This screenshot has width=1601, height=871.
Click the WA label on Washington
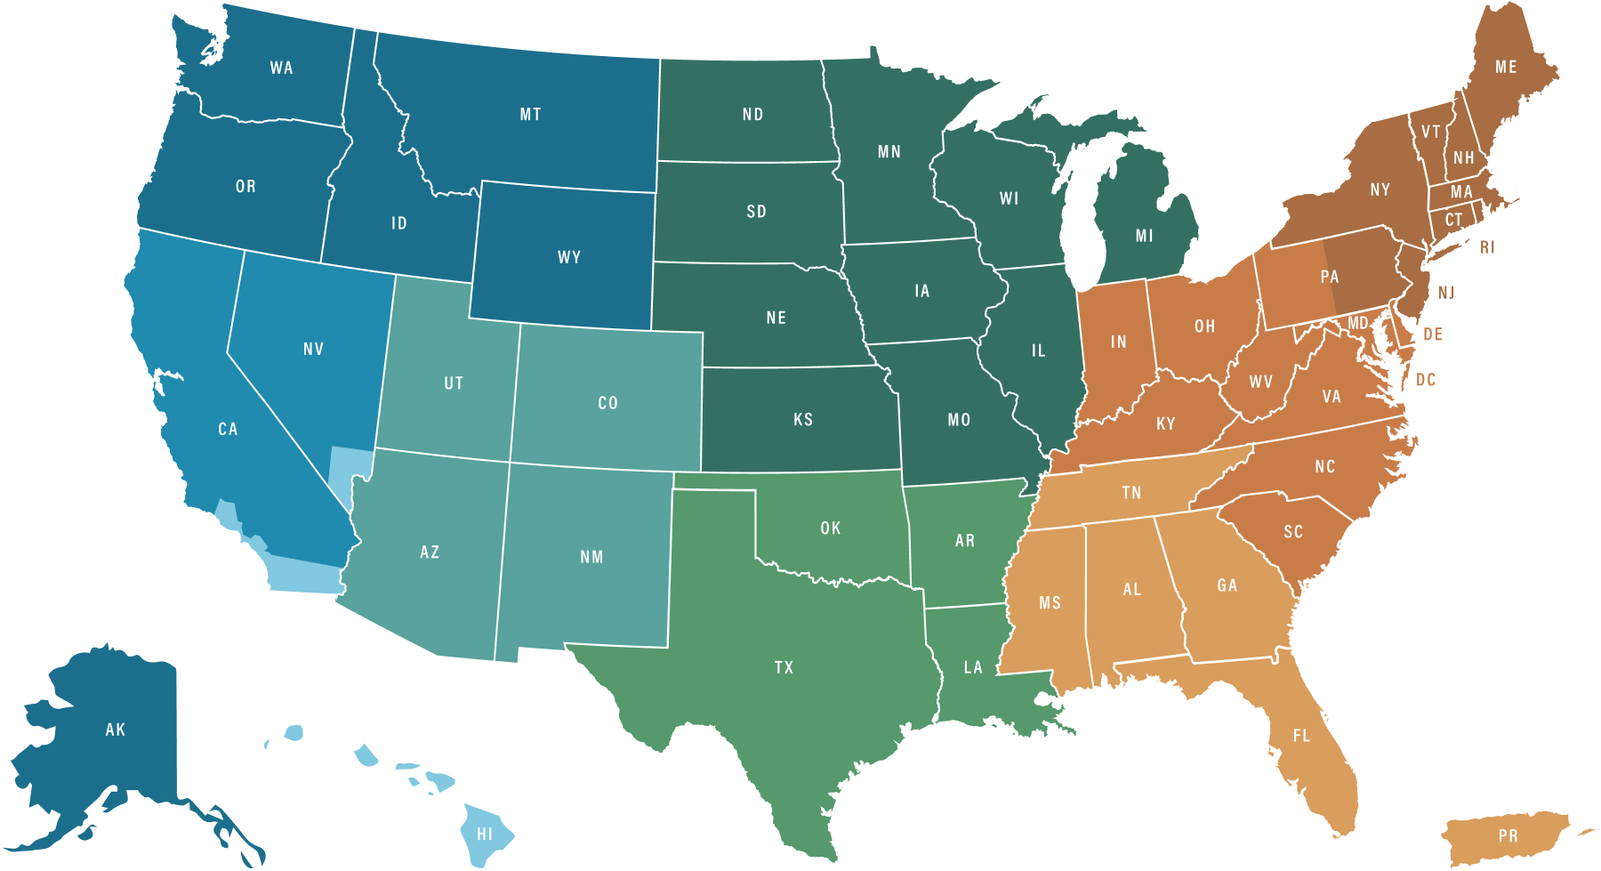click(281, 69)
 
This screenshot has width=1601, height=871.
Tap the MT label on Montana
click(530, 115)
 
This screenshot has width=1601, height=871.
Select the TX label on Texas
click(784, 668)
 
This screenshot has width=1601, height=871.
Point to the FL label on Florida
click(1301, 736)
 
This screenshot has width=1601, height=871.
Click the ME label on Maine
click(1506, 68)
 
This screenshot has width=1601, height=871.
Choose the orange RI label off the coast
click(1487, 247)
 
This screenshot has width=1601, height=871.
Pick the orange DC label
click(1426, 380)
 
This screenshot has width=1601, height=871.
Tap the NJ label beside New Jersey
click(1446, 293)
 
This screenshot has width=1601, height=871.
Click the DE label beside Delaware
click(1432, 335)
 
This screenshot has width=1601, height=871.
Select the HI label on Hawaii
click(485, 835)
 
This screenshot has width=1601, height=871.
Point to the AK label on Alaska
click(116, 730)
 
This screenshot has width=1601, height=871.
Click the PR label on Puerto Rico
click(1508, 836)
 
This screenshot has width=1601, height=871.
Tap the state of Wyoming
click(569, 258)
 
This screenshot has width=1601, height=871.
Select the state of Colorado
click(607, 403)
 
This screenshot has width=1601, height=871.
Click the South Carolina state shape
click(1293, 532)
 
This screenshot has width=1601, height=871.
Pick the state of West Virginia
click(1260, 383)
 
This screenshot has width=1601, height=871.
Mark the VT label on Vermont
click(1430, 133)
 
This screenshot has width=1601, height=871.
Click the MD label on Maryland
click(1357, 323)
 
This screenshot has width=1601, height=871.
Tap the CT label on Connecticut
click(1453, 220)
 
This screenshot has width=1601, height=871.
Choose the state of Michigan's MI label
click(1144, 237)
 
